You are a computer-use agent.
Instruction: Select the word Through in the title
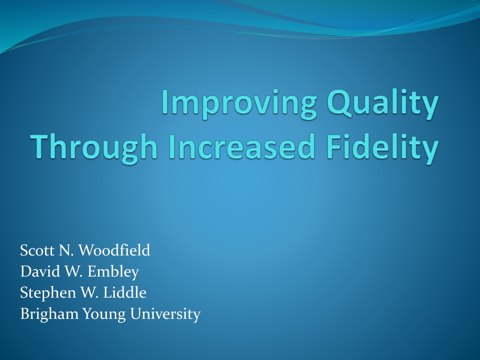[94, 148]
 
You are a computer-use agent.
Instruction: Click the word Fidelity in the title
[382, 148]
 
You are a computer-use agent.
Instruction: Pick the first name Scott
[37, 250]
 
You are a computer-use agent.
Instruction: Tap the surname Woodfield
[114, 250]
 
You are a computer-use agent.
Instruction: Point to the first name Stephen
[48, 293]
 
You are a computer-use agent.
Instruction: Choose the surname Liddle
[125, 292]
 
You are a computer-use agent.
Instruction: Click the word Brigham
[49, 314]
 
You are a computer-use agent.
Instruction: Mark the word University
[165, 314]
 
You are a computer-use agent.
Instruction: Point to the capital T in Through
[42, 146]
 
